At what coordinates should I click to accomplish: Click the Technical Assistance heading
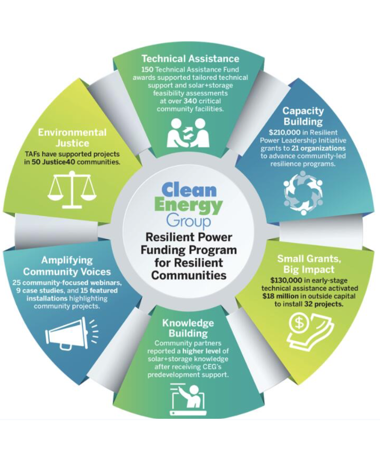point(190,59)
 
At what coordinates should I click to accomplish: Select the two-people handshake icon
point(190,132)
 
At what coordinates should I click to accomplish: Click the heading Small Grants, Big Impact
point(305,264)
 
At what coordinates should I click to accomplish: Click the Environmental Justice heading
point(72,138)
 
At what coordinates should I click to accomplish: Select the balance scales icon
point(72,189)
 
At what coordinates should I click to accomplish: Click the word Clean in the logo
point(189,190)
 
